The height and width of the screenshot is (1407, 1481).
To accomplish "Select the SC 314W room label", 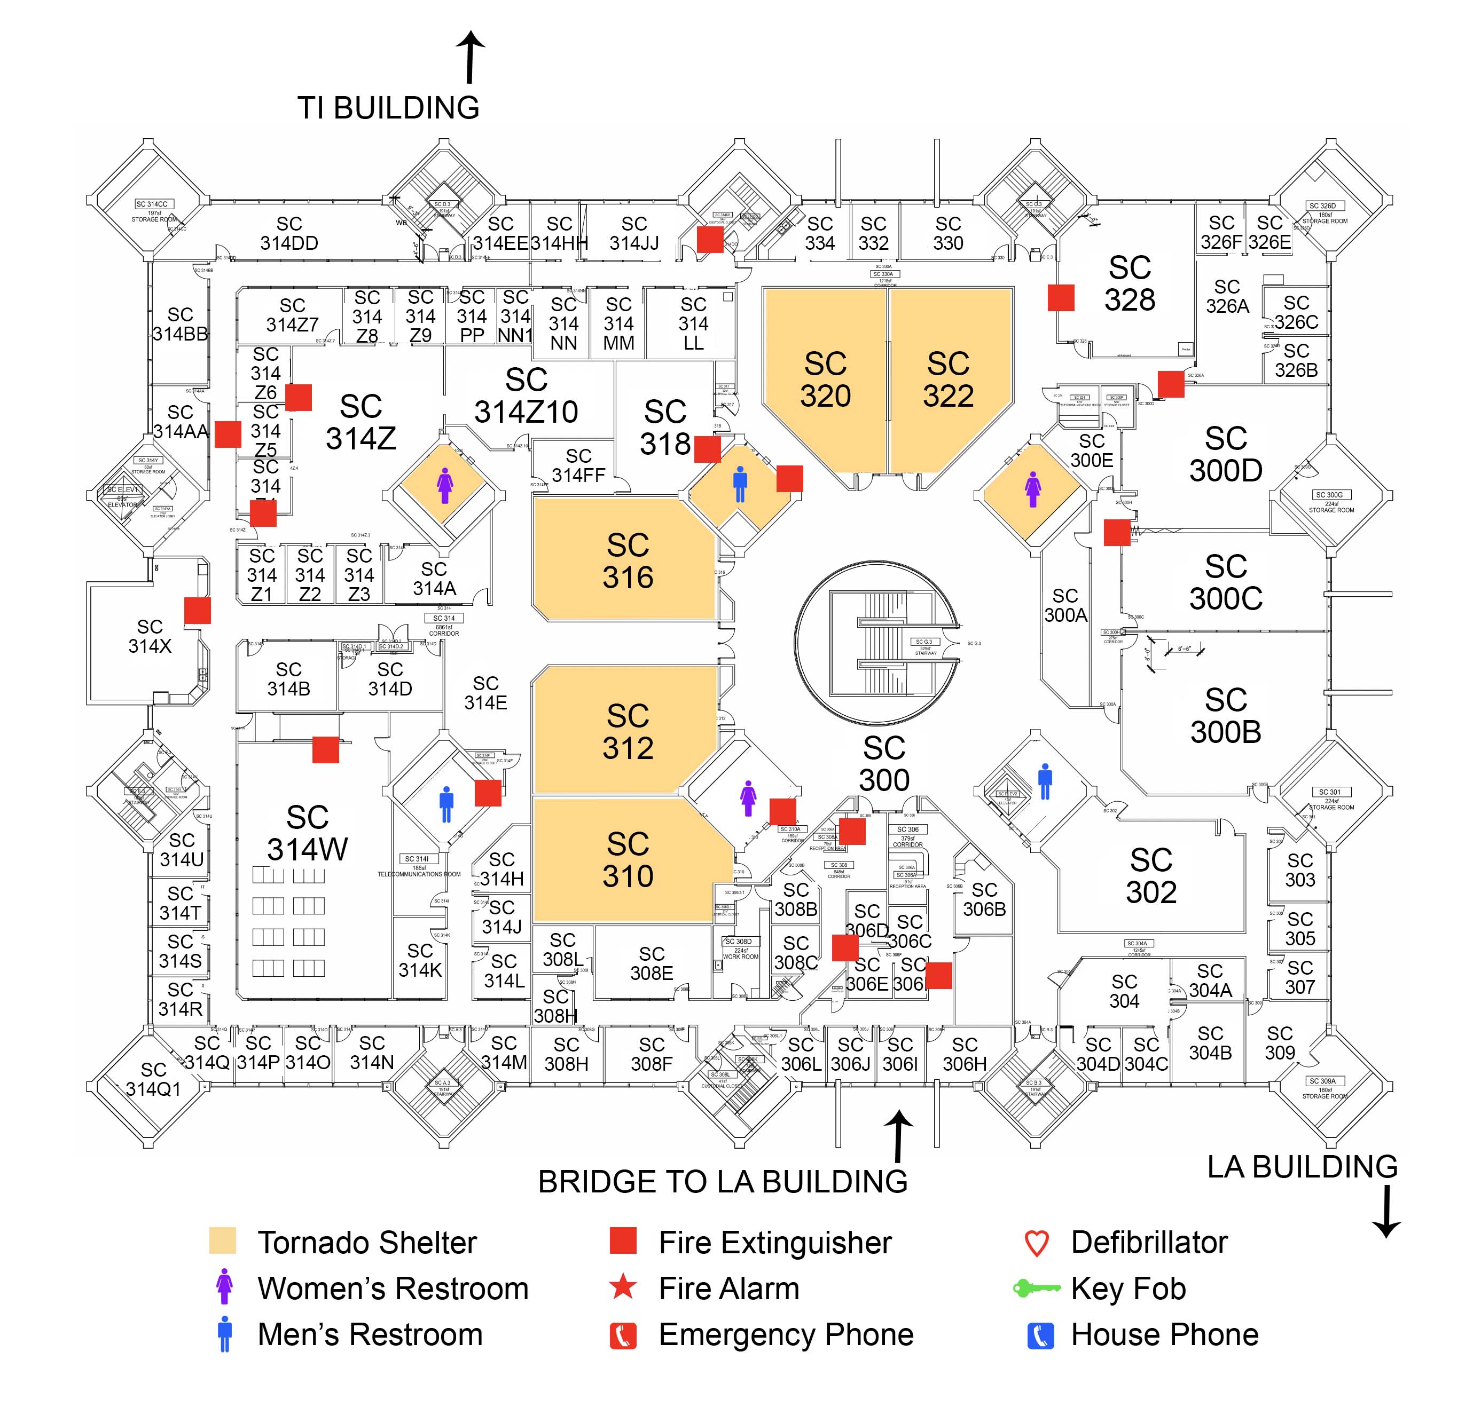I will pos(307,833).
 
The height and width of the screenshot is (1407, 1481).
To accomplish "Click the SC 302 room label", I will pos(1150,876).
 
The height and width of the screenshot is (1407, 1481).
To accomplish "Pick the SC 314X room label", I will pos(150,636).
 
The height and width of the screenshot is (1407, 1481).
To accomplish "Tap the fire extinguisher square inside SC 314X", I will pos(197,611).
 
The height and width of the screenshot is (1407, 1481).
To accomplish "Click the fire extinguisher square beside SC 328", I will pos(1060,297).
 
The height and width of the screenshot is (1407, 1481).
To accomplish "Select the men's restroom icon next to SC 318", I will pos(740,484).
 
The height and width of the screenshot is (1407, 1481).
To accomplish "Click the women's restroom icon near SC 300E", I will pos(1032,489).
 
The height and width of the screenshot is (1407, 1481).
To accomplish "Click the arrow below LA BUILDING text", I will pos(1386,1211).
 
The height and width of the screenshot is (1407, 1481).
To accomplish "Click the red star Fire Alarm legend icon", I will pos(622,1288).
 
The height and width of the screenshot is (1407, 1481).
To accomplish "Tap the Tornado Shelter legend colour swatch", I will pos(222,1241).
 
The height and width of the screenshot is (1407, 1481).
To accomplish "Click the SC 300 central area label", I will pos(884,763).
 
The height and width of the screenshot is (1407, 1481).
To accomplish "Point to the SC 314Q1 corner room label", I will pos(153,1079).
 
